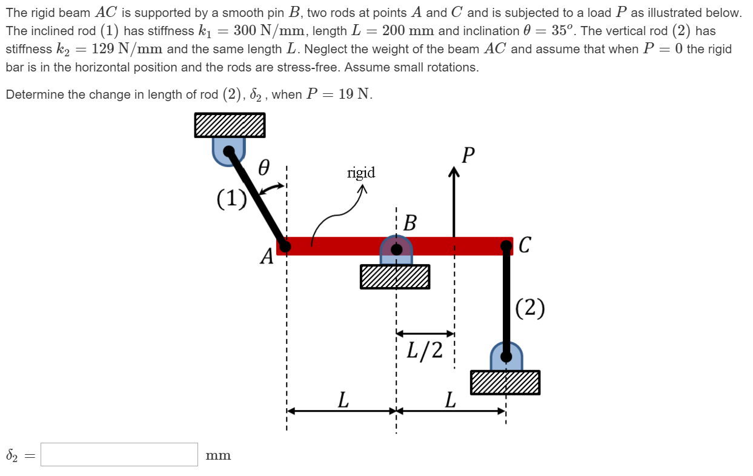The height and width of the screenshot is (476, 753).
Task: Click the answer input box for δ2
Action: coord(119,455)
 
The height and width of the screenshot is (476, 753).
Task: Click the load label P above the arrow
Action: coord(467,156)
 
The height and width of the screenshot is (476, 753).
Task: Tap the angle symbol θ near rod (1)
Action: coord(264,168)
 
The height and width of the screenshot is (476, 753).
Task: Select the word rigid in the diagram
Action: coord(361,173)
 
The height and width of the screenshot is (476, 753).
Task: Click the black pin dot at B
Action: coord(396,248)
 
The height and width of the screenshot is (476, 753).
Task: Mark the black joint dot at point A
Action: coord(285,246)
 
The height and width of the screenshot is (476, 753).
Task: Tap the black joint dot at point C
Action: coord(506,246)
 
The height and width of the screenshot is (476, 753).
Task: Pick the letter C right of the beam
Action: coord(525,246)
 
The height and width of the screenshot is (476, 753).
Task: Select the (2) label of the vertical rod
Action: coord(530,308)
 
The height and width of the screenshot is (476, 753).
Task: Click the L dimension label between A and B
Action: coord(343,400)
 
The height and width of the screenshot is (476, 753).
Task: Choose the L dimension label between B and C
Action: coord(449,400)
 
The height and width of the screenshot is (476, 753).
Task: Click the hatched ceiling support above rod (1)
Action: coord(230,125)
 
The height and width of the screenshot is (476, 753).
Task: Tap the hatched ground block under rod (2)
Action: coord(505,383)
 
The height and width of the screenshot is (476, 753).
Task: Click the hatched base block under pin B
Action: coord(395,277)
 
